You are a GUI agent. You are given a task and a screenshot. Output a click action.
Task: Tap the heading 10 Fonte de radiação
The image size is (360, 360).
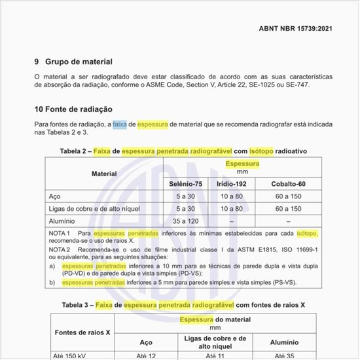pyautogui.click(x=74, y=109)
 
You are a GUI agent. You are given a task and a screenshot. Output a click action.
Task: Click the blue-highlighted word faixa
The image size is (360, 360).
pyautogui.click(x=119, y=123)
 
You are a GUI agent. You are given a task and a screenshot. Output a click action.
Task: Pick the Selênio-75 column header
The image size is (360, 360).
pyautogui.click(x=181, y=185)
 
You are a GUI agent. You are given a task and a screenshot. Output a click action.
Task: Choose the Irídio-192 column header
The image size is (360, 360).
pyautogui.click(x=233, y=185)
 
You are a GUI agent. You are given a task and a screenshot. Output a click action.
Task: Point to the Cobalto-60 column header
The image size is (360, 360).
pyautogui.click(x=288, y=185)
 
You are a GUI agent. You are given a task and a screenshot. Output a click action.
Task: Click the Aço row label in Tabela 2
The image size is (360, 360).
pyautogui.click(x=56, y=196)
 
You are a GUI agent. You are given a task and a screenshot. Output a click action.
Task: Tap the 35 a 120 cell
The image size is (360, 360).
pyautogui.click(x=181, y=221)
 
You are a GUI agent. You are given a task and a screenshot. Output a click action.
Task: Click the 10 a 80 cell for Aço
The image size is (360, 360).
pyautogui.click(x=233, y=196)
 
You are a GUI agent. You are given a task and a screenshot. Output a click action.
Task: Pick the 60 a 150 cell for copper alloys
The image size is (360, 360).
pyautogui.click(x=288, y=209)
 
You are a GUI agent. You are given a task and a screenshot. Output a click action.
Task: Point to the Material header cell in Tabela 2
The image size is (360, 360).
pyautogui.click(x=103, y=174)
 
